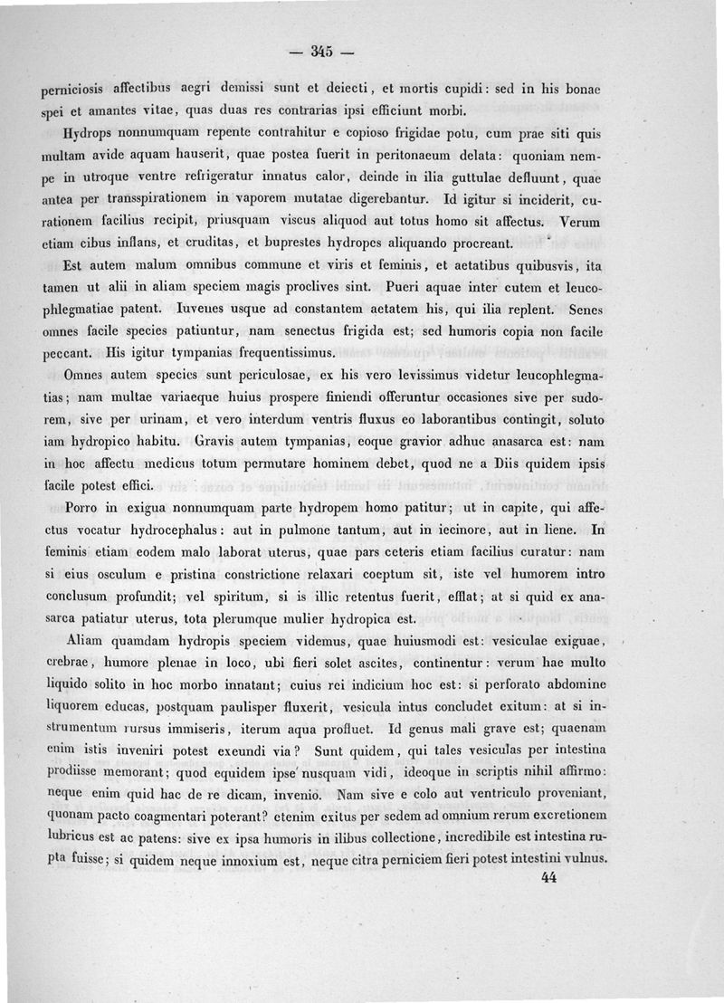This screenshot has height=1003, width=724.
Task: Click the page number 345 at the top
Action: click(321, 51)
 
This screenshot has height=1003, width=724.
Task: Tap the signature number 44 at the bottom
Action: click(548, 876)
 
